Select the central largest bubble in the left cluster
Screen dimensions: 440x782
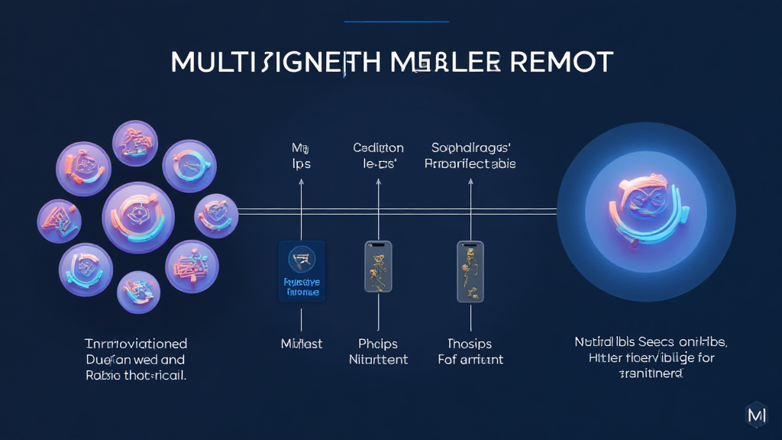138,217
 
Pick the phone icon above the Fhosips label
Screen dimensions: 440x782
470,271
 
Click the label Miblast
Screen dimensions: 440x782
302,344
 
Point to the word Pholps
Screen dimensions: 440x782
379,344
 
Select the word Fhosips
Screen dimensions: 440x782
470,344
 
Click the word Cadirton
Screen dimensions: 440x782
379,147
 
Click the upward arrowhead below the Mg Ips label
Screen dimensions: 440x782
302,182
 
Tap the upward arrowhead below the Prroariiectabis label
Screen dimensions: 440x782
470,182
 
